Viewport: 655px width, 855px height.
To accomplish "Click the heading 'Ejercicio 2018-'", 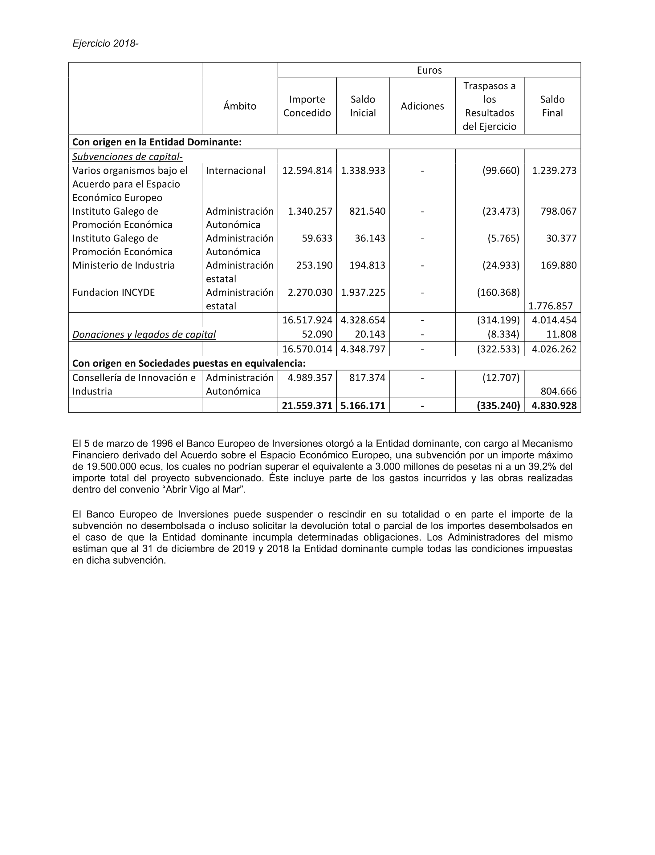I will pos(105,43).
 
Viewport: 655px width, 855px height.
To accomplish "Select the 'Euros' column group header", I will pos(429,70).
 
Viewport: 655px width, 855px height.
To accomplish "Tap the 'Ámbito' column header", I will pos(240,106).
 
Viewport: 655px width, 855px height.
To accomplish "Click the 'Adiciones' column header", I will pos(422,106).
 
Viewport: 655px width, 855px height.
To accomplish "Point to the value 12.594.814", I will pos(307,170).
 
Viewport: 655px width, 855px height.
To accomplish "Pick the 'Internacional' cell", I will pos(235,170).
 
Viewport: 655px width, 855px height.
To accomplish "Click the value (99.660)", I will pos(501,170).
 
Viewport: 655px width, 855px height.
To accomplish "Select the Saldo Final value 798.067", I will pos(558,211).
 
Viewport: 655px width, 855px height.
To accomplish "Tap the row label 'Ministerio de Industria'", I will pos(123,265).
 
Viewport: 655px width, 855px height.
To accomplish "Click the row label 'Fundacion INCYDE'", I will pos(113,292).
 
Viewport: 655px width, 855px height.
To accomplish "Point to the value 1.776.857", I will pos(551,306).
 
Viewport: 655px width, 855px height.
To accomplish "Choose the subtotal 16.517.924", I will pos(307,320).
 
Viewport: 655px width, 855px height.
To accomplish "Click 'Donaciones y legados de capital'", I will pos(144,334).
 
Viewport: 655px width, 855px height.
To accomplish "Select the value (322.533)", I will pos(498,349).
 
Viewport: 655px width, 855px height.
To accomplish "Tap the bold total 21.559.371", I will pos(307,406).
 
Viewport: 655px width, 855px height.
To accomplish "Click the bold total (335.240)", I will pos(498,406).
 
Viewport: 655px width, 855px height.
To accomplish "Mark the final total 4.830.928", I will pos(554,406).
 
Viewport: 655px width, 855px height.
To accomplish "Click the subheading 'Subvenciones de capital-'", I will pos(127,157).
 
